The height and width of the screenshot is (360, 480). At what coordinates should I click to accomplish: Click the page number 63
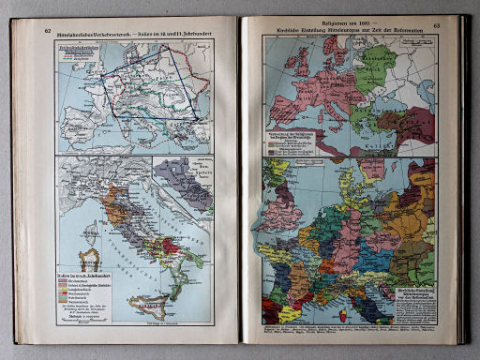[x=435, y=27]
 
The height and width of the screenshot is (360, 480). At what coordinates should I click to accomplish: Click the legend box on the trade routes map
[x=82, y=56]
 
